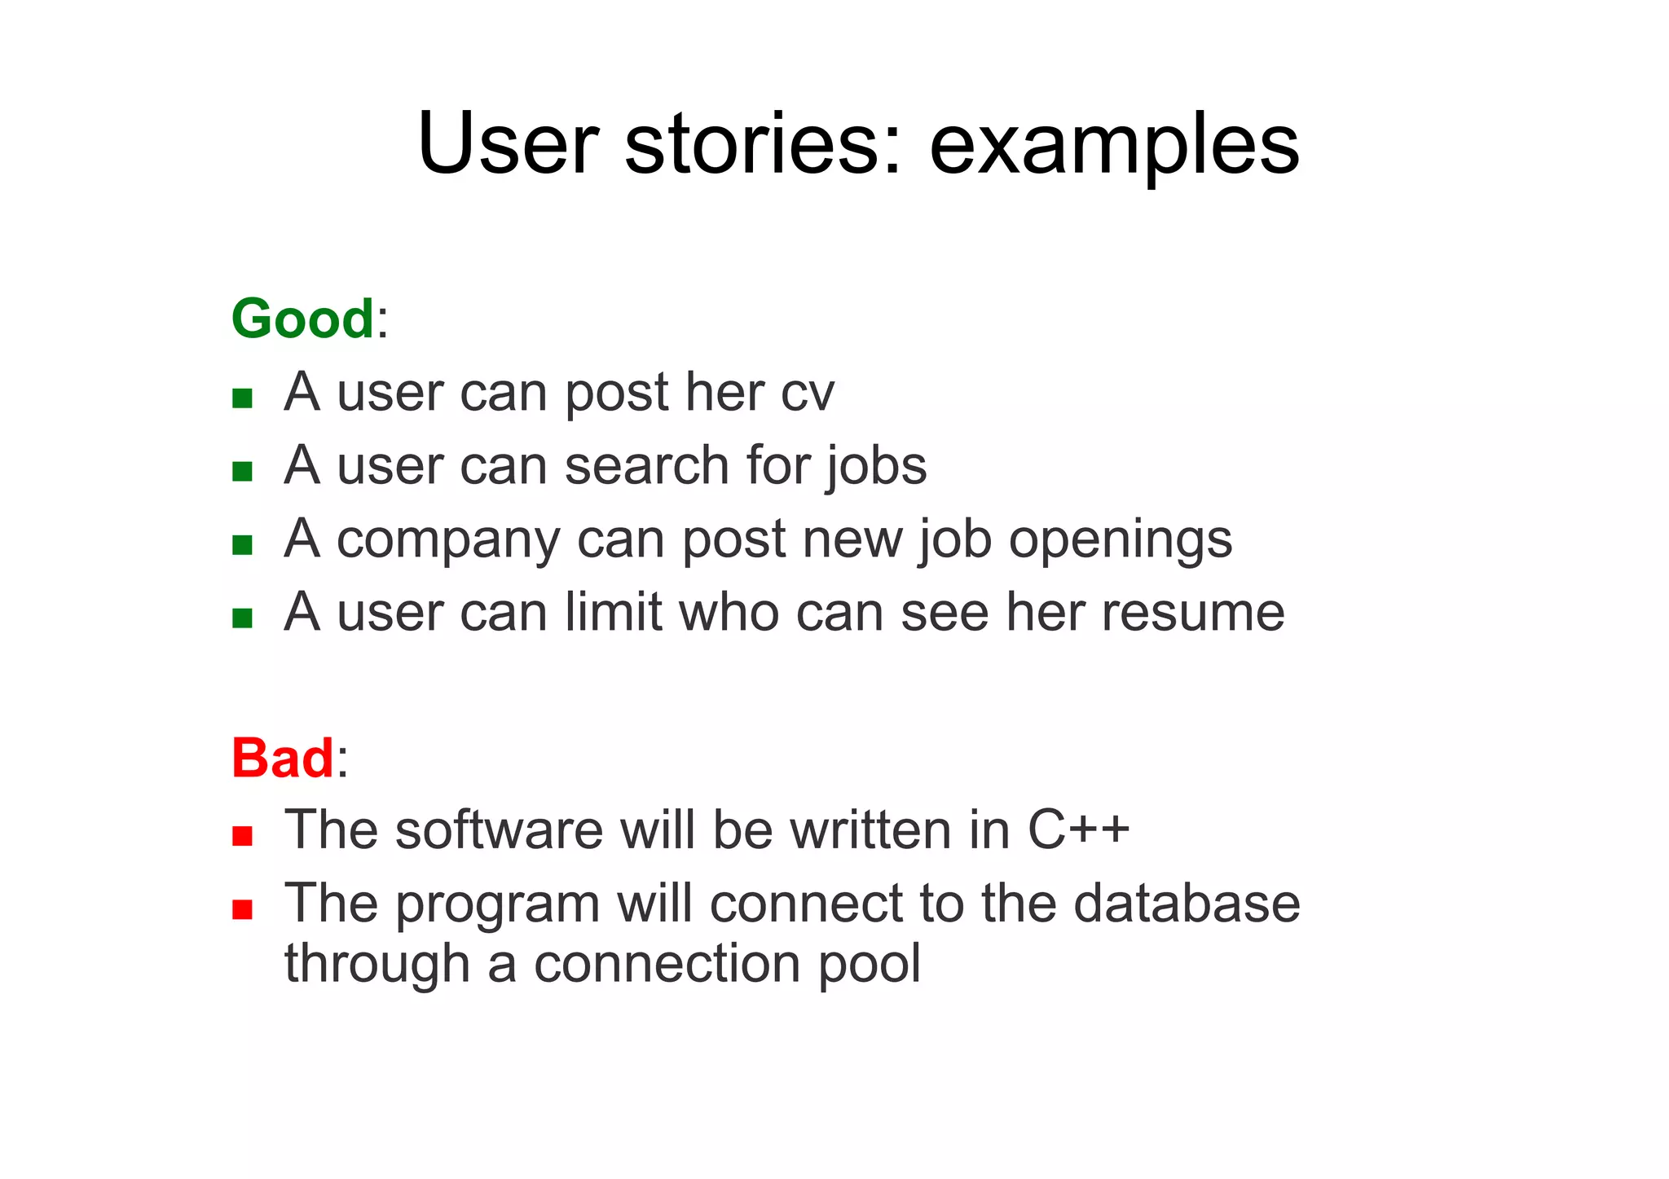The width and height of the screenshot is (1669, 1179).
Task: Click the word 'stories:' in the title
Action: (x=764, y=145)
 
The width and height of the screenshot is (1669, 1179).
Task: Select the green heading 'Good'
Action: (x=302, y=319)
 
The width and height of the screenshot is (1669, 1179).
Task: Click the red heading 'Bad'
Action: (x=282, y=758)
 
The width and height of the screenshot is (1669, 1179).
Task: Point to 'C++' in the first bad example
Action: (x=1078, y=830)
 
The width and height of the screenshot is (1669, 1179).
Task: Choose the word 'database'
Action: (x=1186, y=904)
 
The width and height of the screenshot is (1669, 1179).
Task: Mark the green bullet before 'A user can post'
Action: (x=242, y=398)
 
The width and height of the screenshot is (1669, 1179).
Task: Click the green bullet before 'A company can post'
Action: (x=242, y=544)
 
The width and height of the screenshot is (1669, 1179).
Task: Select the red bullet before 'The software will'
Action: (x=242, y=835)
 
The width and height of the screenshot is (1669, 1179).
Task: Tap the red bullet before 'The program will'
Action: (x=242, y=908)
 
